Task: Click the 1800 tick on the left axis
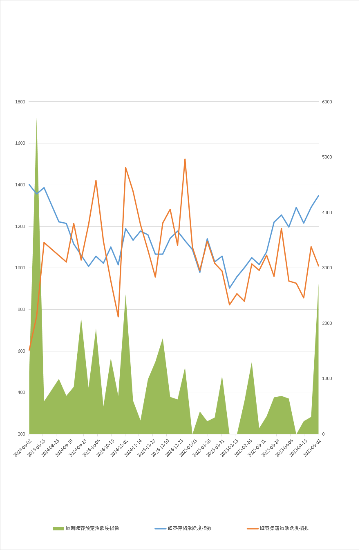pos(20,102)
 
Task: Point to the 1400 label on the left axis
pos(20,185)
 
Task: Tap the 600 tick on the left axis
pos(20,351)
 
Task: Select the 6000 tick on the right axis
pos(327,102)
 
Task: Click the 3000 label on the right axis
pos(327,268)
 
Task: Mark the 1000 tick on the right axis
pos(327,379)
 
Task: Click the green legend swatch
pos(58,528)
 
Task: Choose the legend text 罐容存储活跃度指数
pos(189,528)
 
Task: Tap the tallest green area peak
pos(37,118)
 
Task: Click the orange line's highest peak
pos(185,159)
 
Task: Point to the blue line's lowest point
pos(230,288)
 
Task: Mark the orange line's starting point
pos(29,351)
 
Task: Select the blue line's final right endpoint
pos(319,195)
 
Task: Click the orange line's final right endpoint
pos(319,266)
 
